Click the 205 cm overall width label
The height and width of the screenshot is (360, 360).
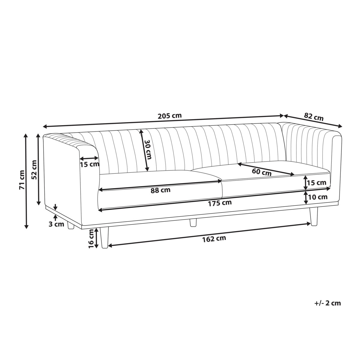[x=169, y=116]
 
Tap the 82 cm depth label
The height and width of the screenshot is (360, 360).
[x=314, y=117]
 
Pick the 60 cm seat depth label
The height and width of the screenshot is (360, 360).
[x=261, y=172]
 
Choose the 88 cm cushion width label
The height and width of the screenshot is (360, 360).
[x=160, y=190]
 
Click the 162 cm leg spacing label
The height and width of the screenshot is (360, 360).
[x=214, y=239]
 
